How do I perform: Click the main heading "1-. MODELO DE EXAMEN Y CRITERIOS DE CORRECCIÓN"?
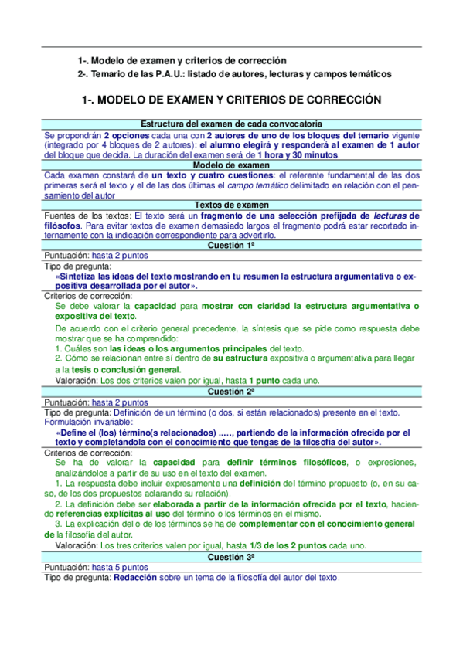[x=232, y=100]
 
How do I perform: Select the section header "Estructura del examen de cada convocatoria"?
[x=232, y=124]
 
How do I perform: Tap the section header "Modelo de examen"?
[x=232, y=165]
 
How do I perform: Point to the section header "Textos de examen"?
[x=232, y=205]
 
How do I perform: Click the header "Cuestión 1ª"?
[x=232, y=245]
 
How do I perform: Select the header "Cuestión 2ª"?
[x=232, y=392]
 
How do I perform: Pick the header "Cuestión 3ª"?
[x=232, y=557]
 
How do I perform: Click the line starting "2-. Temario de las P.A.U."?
[x=234, y=74]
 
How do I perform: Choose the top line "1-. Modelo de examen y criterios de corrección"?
[x=182, y=60]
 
